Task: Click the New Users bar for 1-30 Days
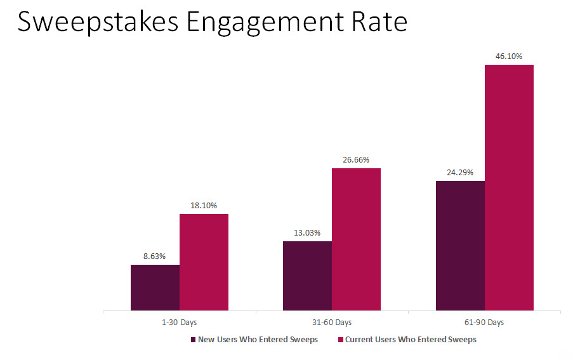tap(155, 288)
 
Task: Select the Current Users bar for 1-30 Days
tap(204, 262)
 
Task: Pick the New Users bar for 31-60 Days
tap(307, 276)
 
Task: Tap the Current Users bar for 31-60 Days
tap(356, 239)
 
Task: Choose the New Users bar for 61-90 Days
tap(460, 246)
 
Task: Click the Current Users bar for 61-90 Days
tap(509, 187)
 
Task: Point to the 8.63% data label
tap(154, 257)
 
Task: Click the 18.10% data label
tap(204, 206)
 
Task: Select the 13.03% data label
tap(307, 233)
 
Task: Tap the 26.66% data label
tap(356, 160)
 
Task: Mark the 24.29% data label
tap(460, 173)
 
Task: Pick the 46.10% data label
tap(509, 57)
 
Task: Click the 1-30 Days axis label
tap(180, 323)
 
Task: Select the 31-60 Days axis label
tap(332, 323)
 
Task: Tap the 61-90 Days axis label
tap(484, 323)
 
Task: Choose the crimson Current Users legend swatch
tap(341, 340)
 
